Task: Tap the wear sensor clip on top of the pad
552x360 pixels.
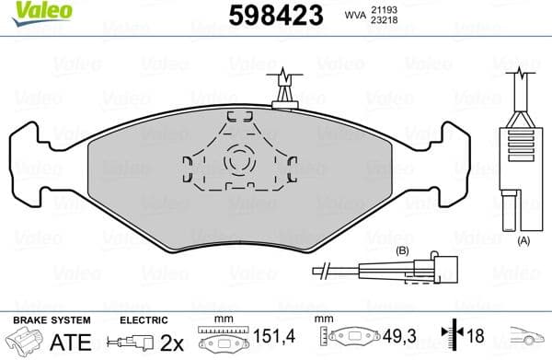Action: click(x=285, y=88)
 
